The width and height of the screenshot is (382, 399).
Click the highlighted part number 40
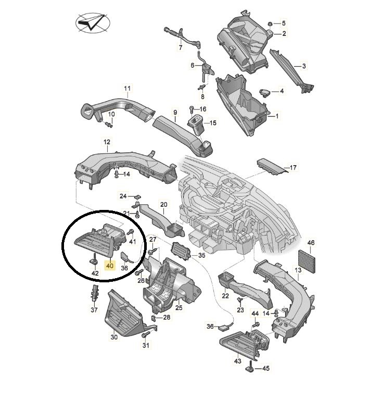(x=110, y=266)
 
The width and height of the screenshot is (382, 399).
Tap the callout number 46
(x=311, y=243)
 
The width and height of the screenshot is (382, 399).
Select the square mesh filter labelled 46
(x=307, y=259)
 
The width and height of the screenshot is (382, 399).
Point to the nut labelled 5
(x=270, y=24)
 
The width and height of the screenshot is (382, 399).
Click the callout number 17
(x=293, y=167)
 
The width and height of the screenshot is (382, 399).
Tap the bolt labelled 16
(x=191, y=109)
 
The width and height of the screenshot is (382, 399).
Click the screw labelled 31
(x=146, y=335)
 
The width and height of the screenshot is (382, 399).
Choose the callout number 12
(x=107, y=142)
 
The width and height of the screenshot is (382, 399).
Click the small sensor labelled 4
(x=264, y=92)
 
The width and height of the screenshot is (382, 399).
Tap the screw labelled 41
(x=132, y=232)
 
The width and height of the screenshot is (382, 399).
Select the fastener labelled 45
(x=250, y=366)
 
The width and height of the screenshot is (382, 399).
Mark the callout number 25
(x=179, y=308)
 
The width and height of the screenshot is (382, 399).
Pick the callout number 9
(x=175, y=112)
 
